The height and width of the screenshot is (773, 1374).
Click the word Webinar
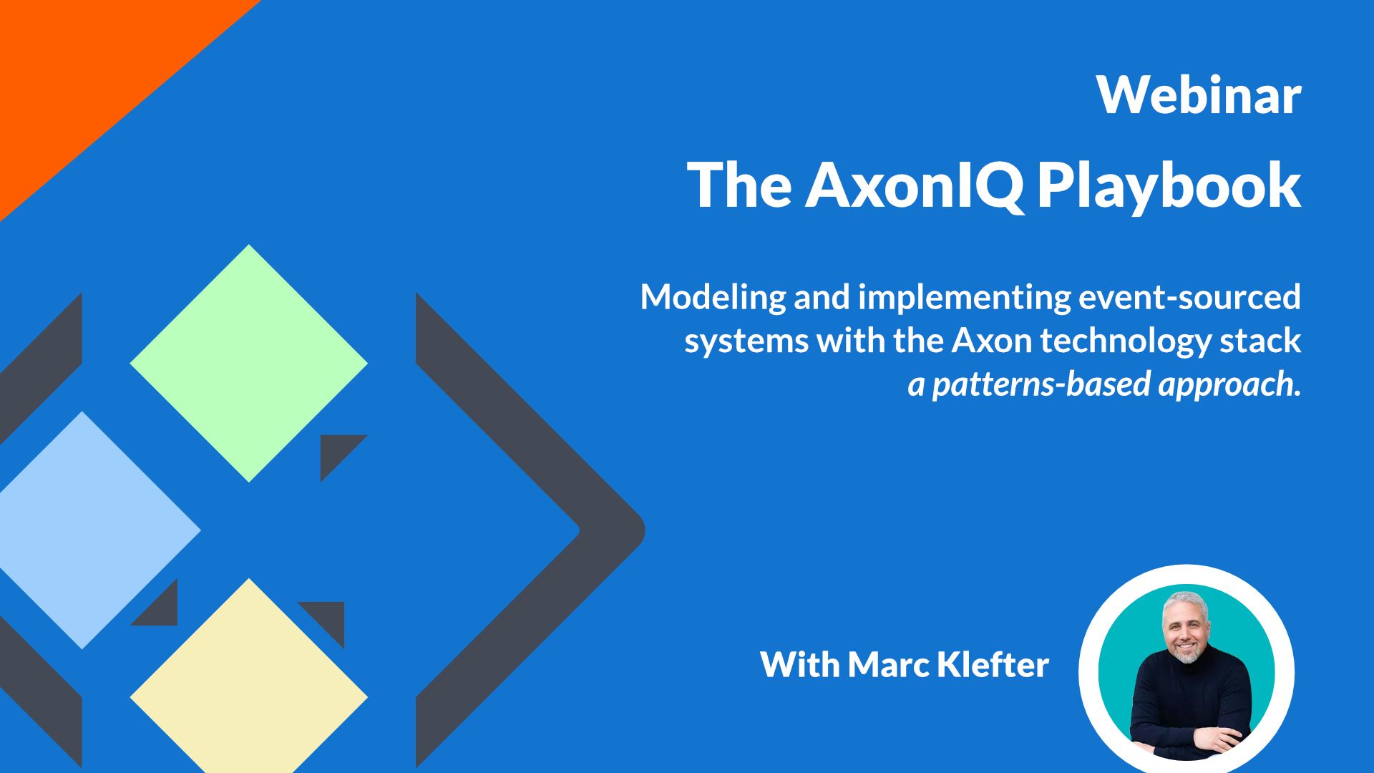[x=1199, y=95]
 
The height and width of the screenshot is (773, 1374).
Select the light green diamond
[x=248, y=364]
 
